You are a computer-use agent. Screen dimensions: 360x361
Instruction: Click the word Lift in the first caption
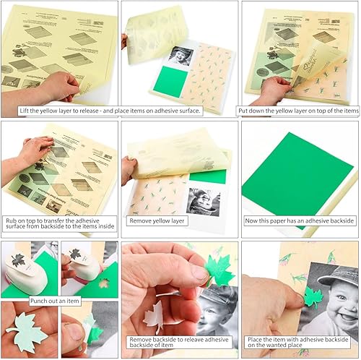[8, 111]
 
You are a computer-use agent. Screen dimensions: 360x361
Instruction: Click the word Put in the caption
[243, 111]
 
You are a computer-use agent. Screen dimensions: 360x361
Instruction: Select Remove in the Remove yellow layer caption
[141, 220]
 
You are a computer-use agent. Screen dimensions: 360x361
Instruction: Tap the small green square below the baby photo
[166, 81]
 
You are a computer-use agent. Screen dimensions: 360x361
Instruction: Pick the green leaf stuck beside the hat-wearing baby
[313, 296]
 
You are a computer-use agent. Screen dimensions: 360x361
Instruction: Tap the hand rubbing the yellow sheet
[32, 148]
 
